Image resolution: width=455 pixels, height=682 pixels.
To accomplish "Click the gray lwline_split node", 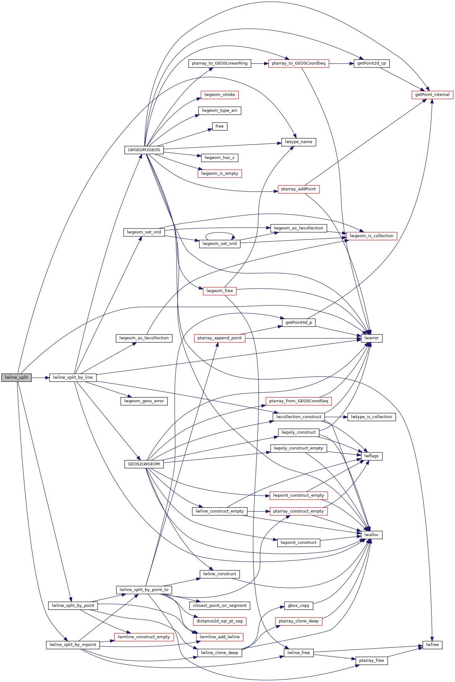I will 16,377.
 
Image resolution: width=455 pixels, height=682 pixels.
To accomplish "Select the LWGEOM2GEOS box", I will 144,150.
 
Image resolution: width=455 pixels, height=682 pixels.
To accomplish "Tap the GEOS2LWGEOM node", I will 144,464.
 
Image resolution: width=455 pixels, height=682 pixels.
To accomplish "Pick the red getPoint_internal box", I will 432,95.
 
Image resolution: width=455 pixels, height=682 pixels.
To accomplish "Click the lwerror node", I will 372,338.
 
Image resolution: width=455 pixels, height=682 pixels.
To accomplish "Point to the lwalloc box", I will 372,535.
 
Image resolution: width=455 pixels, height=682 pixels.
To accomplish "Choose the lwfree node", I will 432,645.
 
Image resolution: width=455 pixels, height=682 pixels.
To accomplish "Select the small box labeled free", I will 220,126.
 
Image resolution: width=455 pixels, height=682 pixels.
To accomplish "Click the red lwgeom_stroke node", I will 220,95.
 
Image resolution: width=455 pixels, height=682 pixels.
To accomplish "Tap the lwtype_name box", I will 298,142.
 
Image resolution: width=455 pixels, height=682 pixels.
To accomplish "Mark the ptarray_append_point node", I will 220,338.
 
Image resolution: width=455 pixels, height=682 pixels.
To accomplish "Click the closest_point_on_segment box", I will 220,605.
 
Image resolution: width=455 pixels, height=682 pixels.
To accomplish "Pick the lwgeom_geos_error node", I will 144,401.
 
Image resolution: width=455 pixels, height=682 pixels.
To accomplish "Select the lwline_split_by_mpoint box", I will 73,645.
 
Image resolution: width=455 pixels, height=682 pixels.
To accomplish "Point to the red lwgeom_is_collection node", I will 371,236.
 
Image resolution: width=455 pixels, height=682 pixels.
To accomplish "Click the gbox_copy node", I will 298,605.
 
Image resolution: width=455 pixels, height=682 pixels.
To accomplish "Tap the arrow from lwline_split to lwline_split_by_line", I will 40,378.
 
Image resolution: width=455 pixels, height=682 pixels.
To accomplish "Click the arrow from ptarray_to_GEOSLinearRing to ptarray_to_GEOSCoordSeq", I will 260,64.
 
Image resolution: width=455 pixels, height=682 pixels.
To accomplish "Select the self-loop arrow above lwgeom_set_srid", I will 219,233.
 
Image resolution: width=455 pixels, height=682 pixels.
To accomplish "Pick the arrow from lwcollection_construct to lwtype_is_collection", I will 336,417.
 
